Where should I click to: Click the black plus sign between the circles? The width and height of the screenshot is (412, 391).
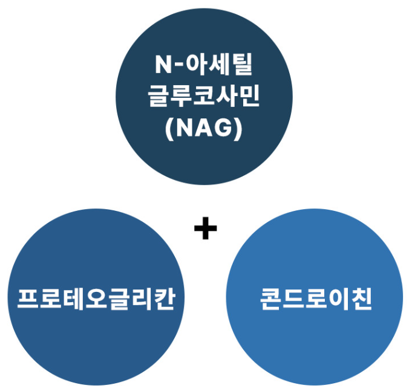tap(206, 230)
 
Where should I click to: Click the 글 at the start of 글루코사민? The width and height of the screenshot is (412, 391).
tap(159, 97)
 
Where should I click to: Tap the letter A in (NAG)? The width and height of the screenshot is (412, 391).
tap(206, 128)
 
